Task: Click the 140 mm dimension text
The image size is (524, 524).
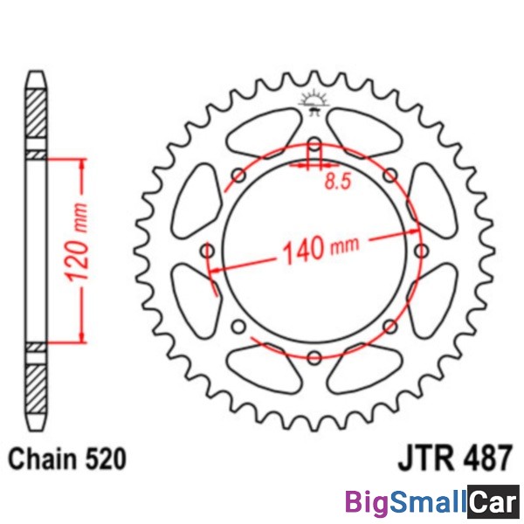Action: point(321,249)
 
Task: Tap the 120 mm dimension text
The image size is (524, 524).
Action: point(77,241)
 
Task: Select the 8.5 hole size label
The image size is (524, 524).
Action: point(338,182)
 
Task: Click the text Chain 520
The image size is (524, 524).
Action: point(67,458)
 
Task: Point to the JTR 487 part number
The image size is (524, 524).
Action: point(454,457)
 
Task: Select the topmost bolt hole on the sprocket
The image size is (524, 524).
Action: point(314,144)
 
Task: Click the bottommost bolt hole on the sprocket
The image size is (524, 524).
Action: point(314,357)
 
